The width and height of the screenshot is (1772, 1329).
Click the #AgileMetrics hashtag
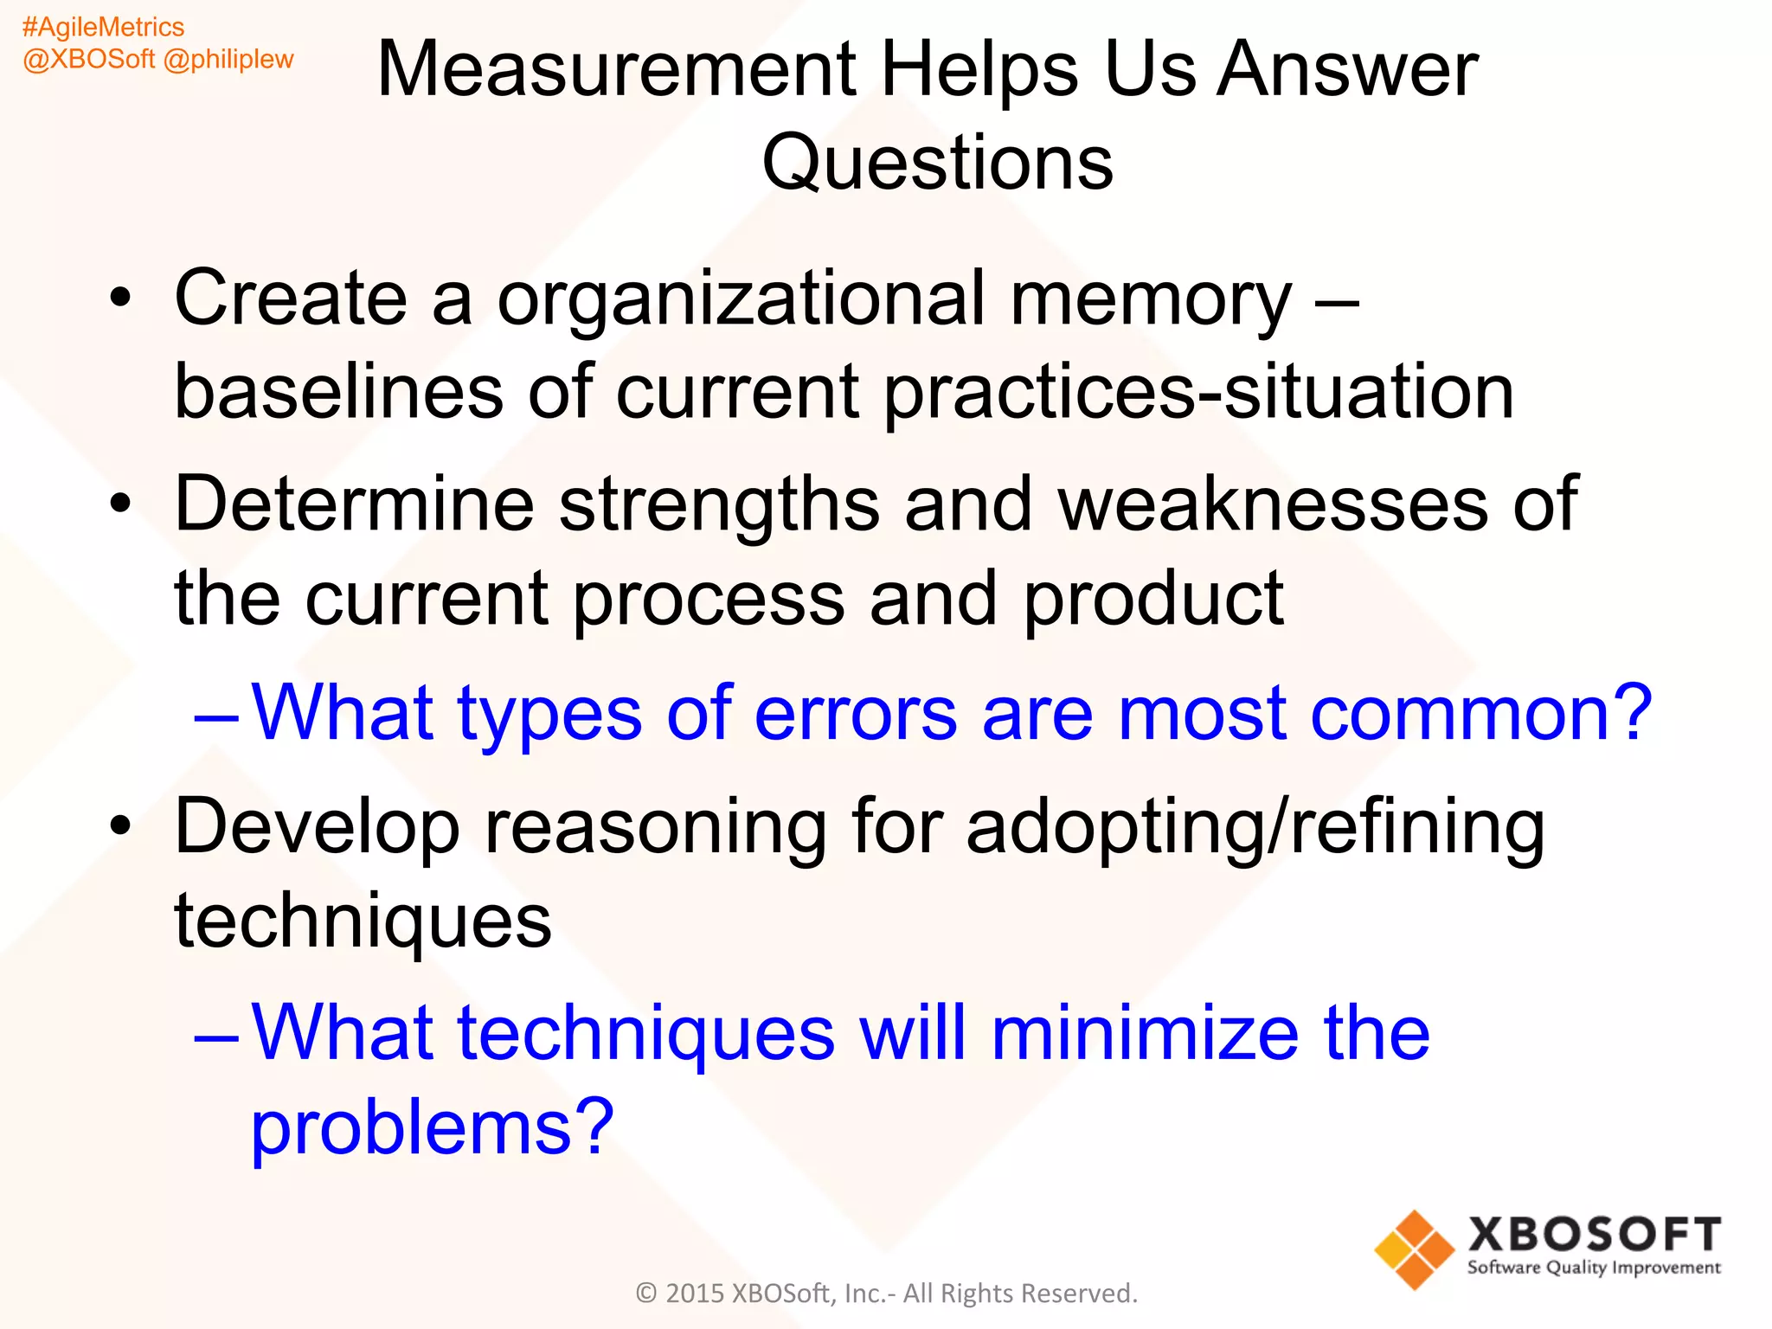pos(103,28)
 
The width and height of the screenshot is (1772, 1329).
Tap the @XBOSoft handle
pos(88,60)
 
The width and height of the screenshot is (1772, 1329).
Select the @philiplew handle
pos(228,60)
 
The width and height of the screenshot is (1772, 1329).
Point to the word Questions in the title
pos(937,163)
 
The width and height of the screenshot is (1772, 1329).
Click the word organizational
pos(741,299)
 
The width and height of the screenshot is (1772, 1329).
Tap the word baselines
pos(338,392)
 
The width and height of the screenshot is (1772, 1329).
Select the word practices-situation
pos(1198,392)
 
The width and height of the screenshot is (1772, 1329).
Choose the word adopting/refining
pos(1255,827)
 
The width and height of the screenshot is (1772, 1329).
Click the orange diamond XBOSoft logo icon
pos(1414,1249)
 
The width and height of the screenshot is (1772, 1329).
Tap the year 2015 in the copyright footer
pos(694,1294)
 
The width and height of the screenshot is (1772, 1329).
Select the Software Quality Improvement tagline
pos(1594,1268)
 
